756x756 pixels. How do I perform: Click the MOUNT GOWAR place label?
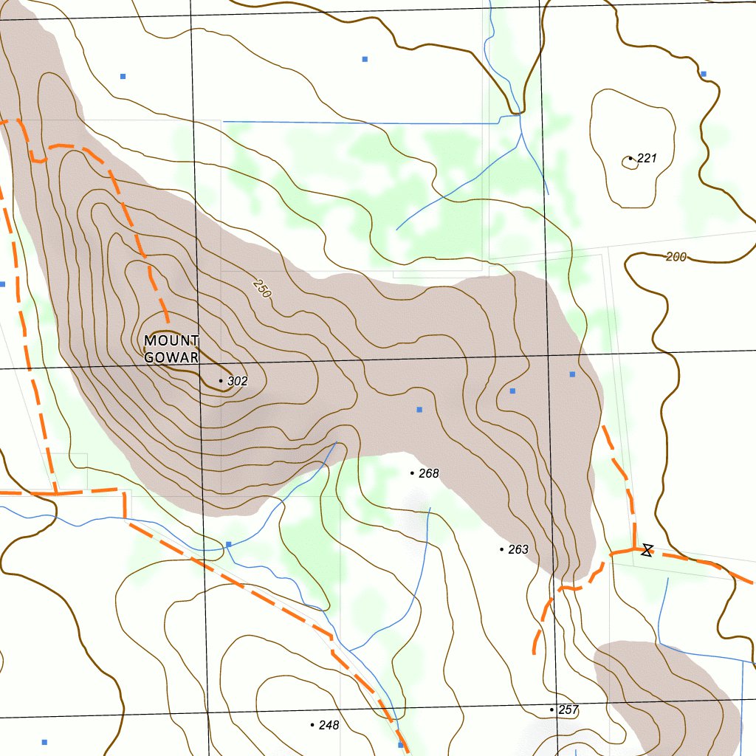[171, 349]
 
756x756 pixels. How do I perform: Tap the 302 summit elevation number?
[237, 382]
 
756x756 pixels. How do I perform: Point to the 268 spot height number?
[429, 473]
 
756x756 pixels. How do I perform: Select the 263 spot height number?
[518, 549]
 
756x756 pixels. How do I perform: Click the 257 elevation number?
[568, 710]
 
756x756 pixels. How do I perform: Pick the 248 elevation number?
[329, 725]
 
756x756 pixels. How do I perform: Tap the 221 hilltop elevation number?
[647, 158]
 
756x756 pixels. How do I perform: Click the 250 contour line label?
[261, 288]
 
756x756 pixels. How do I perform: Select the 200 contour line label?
[676, 257]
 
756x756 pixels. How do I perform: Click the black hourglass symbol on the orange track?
[647, 549]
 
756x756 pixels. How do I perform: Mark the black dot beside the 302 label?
[221, 381]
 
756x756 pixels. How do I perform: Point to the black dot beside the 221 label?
[630, 158]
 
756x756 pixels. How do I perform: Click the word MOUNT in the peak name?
[171, 341]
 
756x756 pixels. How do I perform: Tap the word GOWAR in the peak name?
[171, 358]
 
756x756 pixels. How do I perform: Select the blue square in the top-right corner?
[704, 74]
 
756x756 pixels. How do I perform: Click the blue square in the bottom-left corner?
[44, 742]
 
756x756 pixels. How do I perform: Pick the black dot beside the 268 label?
[412, 473]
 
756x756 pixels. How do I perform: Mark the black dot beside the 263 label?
[502, 549]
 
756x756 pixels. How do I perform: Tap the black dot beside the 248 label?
[312, 725]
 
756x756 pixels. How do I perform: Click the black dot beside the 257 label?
[551, 709]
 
